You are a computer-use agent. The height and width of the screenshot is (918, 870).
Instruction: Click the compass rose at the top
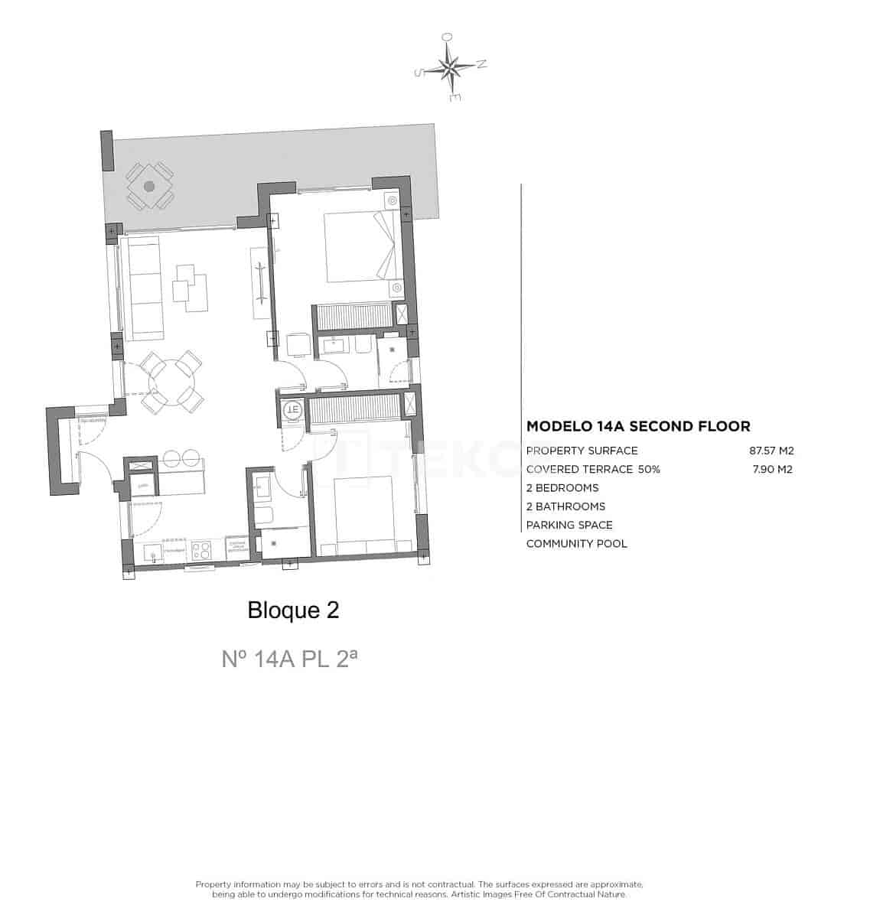point(451,68)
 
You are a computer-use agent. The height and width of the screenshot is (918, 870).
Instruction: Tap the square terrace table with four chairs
point(149,186)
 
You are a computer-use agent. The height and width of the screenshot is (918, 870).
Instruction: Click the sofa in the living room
point(144,288)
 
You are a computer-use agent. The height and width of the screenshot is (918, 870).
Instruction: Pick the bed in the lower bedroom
point(363,513)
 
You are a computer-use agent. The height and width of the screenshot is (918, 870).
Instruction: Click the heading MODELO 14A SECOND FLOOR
point(638,427)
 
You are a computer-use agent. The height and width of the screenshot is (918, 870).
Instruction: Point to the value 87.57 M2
point(771,451)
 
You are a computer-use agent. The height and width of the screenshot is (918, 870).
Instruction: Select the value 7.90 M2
point(773,469)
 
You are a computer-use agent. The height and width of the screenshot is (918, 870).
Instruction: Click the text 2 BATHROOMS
point(565,506)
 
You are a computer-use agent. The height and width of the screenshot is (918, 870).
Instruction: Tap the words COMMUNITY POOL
point(576,543)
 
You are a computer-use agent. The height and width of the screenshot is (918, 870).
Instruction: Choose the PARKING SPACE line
point(569,525)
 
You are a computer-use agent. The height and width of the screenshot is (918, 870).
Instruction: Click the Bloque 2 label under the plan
point(293,610)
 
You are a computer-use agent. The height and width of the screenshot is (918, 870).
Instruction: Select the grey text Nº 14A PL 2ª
point(289,659)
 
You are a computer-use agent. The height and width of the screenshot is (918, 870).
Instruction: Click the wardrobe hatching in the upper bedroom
point(353,316)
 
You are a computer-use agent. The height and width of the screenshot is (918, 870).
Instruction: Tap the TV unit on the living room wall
point(260,283)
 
